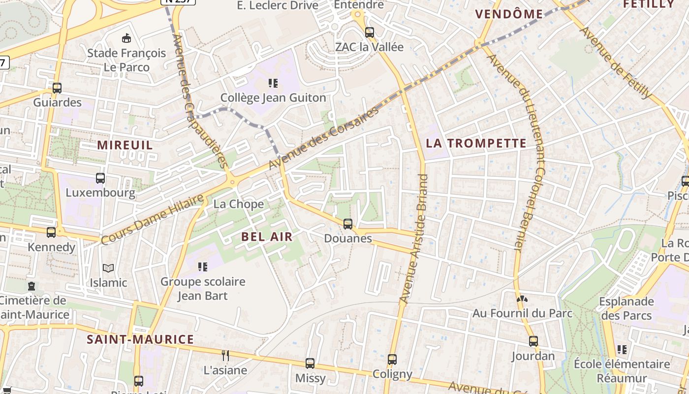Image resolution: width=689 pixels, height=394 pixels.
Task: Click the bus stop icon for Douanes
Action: click(348, 224)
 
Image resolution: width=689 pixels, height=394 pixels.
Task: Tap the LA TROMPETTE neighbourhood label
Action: click(476, 143)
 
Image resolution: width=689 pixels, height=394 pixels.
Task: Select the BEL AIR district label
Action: click(267, 236)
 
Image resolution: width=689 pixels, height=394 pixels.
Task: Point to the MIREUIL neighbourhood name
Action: click(125, 145)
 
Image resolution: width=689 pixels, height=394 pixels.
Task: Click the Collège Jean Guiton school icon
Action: click(273, 83)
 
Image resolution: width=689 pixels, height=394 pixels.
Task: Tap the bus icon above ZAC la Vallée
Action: click(370, 33)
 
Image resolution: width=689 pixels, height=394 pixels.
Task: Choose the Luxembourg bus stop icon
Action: click(100, 178)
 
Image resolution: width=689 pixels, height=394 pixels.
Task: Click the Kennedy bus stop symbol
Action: click(51, 232)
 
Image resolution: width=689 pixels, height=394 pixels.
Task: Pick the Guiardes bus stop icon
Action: click(57, 88)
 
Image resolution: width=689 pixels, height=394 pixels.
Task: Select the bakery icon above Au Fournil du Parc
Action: click(522, 298)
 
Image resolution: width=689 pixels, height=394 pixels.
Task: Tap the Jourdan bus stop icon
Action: click(533, 341)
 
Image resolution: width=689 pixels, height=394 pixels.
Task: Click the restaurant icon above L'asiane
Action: click(225, 355)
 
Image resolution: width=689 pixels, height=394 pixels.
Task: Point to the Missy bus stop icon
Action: click(310, 363)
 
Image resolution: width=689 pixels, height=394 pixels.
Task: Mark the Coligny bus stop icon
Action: click(392, 360)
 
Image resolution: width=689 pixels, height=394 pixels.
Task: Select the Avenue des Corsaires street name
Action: click(325, 137)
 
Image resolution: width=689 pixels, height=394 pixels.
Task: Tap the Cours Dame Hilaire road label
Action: click(152, 219)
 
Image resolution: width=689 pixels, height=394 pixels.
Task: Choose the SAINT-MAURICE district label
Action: click(140, 339)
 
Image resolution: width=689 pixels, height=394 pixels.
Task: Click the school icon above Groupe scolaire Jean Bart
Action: click(203, 267)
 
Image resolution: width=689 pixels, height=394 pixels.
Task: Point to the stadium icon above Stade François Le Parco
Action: click(126, 38)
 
